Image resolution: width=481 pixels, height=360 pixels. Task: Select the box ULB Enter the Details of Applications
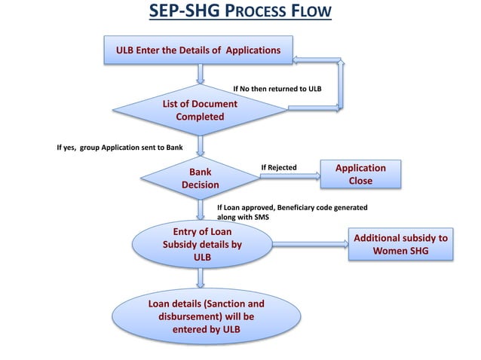(198, 50)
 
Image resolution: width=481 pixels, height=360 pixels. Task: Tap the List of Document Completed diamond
(200, 110)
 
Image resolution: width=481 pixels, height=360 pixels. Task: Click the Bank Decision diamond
(200, 178)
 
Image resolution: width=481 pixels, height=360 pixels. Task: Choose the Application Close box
(360, 175)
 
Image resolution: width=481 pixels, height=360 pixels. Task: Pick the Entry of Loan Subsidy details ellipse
(202, 245)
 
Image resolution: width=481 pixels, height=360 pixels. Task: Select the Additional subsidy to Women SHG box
(400, 244)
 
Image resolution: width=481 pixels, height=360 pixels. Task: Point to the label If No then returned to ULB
(277, 89)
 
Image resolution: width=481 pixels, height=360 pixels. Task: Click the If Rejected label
(279, 167)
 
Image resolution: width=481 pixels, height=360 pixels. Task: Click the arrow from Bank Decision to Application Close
(290, 177)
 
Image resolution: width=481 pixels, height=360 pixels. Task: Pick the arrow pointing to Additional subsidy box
(309, 244)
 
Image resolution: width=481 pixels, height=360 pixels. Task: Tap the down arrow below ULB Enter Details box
(201, 74)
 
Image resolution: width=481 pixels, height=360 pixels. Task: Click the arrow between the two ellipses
(201, 278)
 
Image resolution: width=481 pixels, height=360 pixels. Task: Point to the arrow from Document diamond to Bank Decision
(201, 145)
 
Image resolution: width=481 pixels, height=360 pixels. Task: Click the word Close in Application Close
(360, 182)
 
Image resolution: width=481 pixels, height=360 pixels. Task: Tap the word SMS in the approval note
(262, 217)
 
